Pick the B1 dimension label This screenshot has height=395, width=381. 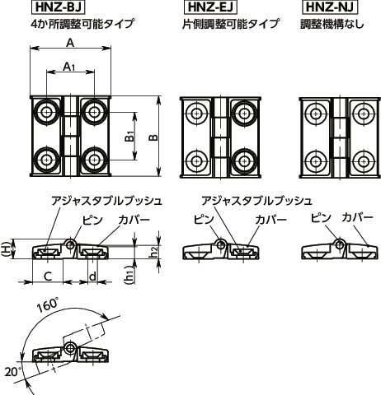point(129,137)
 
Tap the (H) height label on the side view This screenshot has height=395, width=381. point(7,249)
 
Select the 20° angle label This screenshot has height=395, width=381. point(12,371)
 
